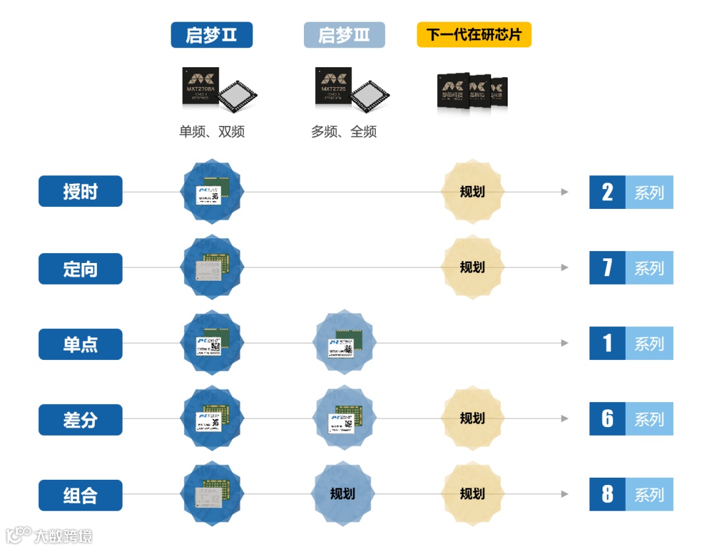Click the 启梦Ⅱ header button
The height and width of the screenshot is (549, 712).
click(212, 35)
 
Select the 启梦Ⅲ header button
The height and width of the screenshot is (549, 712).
click(344, 35)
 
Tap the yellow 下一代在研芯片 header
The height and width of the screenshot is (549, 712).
click(474, 35)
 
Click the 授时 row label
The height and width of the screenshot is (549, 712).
click(80, 191)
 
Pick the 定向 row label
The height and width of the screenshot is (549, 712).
click(80, 268)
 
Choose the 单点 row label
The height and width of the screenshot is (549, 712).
click(80, 344)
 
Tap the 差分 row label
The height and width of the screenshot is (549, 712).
click(80, 419)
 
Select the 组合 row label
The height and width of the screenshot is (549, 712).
click(80, 495)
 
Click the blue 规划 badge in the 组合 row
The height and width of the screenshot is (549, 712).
click(343, 494)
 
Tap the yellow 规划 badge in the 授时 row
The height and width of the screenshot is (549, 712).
click(472, 192)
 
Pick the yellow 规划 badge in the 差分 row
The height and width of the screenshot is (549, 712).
click(472, 418)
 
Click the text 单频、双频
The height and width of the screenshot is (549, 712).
click(212, 132)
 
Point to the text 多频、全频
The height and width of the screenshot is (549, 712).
click(343, 132)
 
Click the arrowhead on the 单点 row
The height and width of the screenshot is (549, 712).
click(564, 343)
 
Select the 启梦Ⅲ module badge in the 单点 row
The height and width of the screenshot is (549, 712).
click(343, 343)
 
